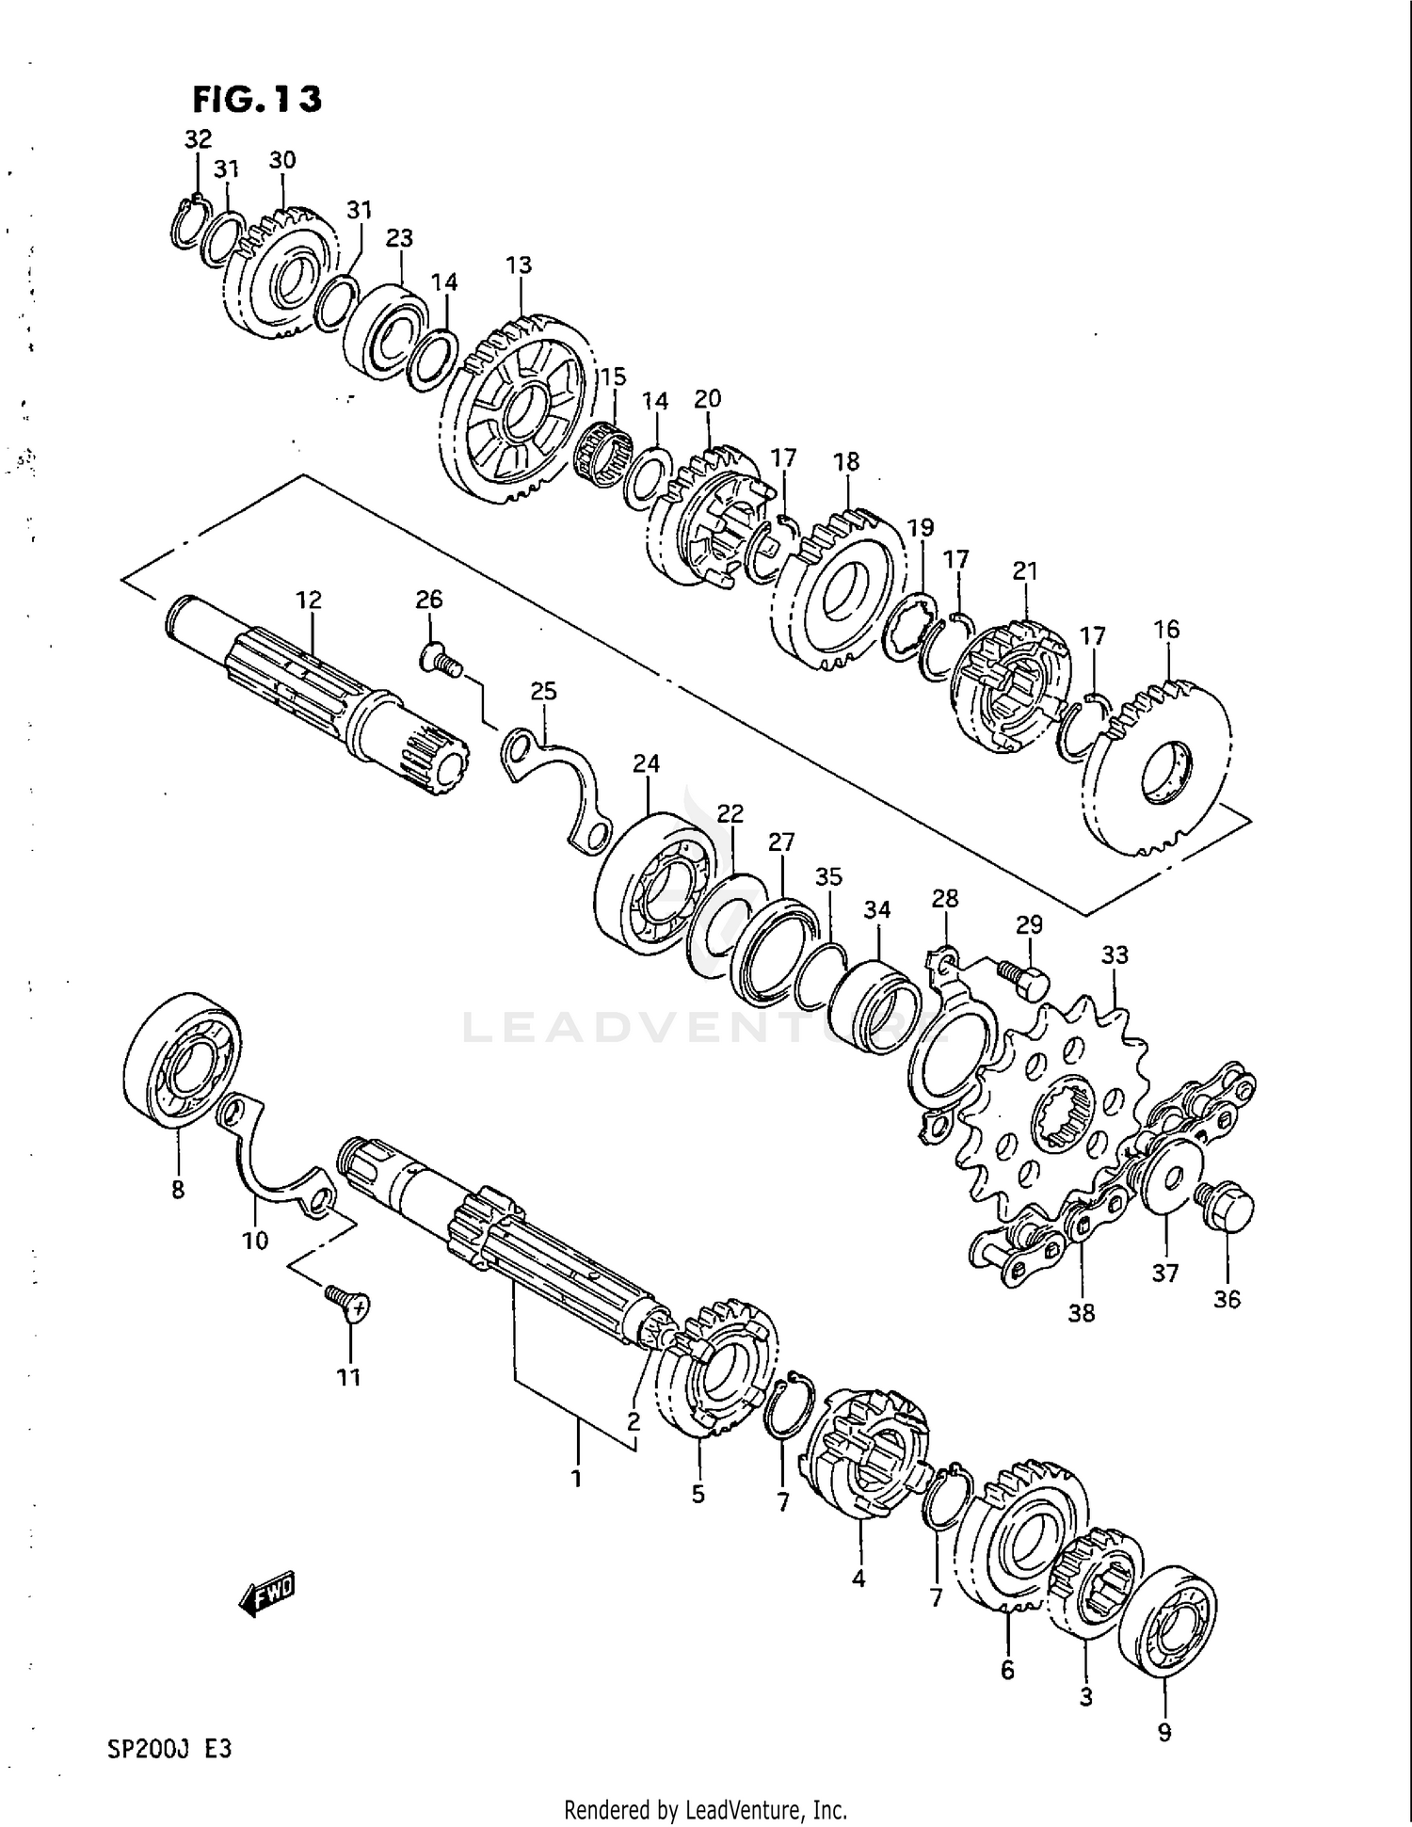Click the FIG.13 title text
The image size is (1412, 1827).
point(257,98)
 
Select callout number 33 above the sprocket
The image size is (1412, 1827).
point(1115,954)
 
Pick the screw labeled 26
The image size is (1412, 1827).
point(439,658)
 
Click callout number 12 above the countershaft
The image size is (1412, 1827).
point(308,600)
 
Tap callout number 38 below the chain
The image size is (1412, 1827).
point(1082,1312)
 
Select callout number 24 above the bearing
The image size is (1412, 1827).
point(646,763)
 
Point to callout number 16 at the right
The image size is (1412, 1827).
point(1166,629)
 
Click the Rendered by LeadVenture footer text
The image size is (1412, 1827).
point(705,1809)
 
